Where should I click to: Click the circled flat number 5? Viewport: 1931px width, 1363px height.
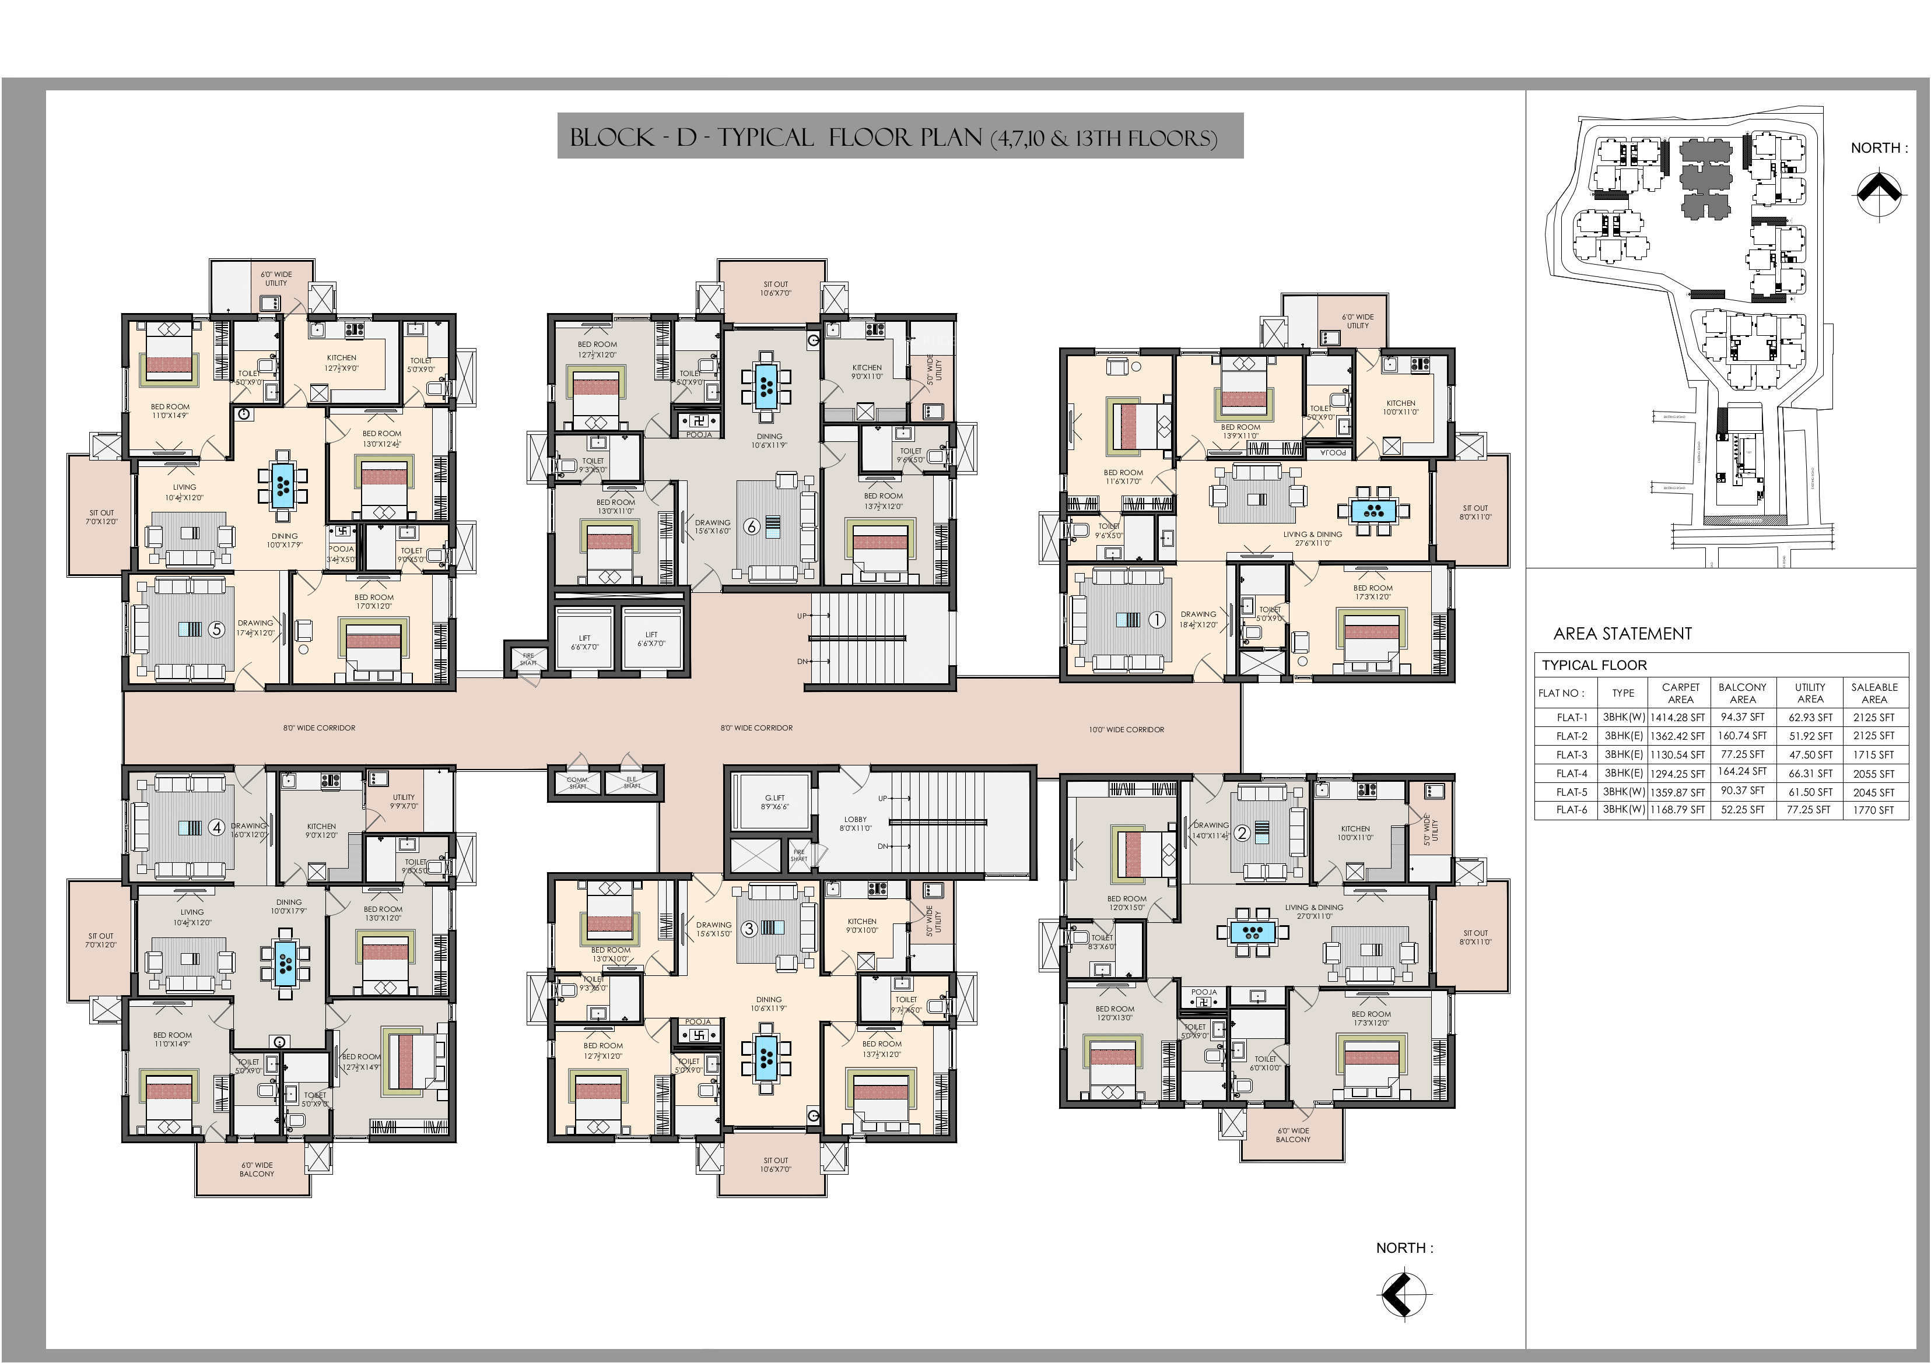[217, 629]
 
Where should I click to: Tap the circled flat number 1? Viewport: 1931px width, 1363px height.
[1157, 620]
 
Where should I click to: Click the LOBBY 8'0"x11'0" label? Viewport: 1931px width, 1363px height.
[856, 823]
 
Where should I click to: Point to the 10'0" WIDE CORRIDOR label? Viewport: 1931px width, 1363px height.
[1126, 729]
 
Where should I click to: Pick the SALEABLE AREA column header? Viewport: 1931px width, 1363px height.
[1874, 693]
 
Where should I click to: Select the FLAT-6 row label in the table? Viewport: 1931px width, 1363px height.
[1571, 810]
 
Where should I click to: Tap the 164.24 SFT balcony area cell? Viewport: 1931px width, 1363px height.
[1742, 772]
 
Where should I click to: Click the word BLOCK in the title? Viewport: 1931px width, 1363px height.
[611, 137]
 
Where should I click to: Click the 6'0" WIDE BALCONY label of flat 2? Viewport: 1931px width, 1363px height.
[1292, 1135]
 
